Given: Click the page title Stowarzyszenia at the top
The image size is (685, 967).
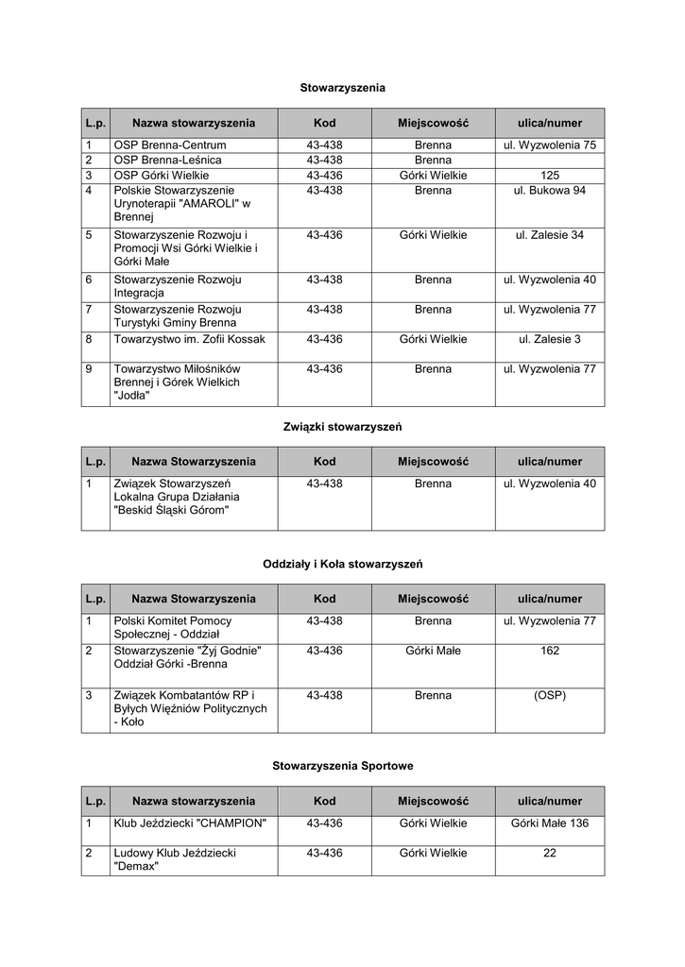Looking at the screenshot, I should pos(342,88).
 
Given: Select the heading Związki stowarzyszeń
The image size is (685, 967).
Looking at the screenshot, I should pos(342,427).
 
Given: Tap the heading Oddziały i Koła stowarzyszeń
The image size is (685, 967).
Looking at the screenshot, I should pos(342,564).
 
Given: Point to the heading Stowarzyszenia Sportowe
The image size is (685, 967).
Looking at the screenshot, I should pos(342,766).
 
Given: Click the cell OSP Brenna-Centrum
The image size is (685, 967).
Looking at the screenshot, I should pos(170,145).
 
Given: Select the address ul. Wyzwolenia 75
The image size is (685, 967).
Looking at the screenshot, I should pos(549,145).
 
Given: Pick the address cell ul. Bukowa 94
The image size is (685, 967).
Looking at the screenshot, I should pos(549,190).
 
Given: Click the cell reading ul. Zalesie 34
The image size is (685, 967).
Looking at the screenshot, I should pos(549,234).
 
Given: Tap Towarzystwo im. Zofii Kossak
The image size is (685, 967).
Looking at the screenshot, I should pos(189,338).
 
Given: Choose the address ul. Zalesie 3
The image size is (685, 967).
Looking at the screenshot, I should pos(549,338).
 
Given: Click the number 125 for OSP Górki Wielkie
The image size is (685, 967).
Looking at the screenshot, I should pos(549,176).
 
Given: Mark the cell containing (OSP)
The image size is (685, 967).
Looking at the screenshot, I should pos(549,695).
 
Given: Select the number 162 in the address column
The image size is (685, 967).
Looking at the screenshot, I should pos(549,651).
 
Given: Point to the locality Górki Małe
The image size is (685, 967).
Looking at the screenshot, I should pos(433,651).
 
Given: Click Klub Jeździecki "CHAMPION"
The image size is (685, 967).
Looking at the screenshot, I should pos(190,823).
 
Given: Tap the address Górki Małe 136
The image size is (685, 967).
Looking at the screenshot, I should pos(549,823).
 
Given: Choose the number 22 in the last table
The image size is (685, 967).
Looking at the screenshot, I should pos(549,853).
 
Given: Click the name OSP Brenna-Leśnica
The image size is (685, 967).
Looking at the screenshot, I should pos(168,161).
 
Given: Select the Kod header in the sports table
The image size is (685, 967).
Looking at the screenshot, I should pos(324,801).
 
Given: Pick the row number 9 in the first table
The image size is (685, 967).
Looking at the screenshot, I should pos(89,368).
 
